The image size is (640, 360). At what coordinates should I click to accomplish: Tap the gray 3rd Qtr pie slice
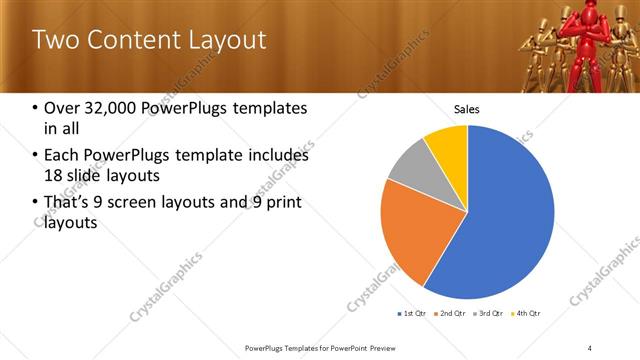coord(408,168)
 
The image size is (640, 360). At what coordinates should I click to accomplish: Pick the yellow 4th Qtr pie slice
coord(447,146)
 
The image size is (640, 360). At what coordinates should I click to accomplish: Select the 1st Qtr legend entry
coord(413,314)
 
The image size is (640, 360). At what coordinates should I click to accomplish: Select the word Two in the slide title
coord(54,40)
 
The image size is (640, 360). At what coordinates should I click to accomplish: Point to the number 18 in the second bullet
coord(53,176)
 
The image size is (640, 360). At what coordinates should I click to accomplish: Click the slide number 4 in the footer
coord(589,348)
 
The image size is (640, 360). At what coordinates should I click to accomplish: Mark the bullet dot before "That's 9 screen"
coord(36,204)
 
